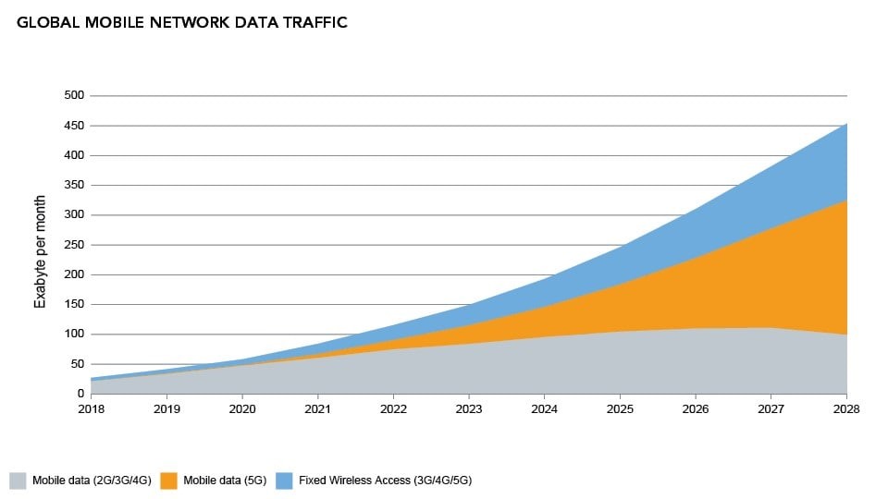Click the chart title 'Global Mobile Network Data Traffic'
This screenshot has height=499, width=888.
[x=182, y=22]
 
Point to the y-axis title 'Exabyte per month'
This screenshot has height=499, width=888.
[x=41, y=245]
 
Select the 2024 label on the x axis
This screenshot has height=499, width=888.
[x=544, y=408]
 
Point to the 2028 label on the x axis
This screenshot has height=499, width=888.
[x=846, y=408]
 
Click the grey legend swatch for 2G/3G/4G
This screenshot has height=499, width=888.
[x=18, y=480]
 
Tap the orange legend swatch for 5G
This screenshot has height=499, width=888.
[x=167, y=480]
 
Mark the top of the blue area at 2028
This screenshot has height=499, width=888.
[x=846, y=123]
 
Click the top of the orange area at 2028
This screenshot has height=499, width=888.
[x=846, y=200]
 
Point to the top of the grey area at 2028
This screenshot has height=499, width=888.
[x=846, y=335]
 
